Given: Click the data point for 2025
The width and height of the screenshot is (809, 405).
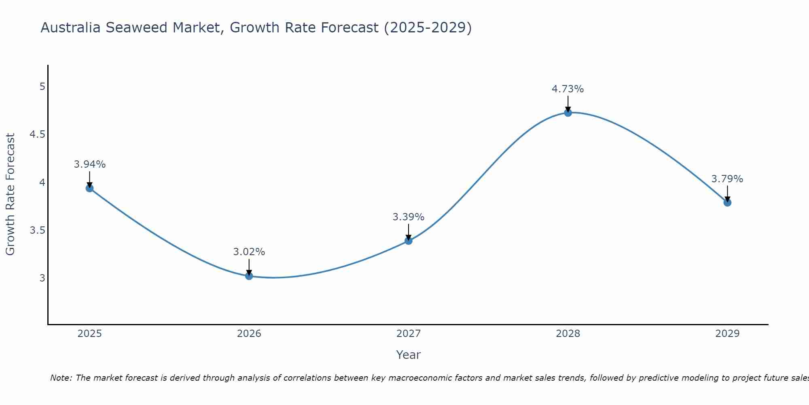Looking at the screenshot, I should (90, 188).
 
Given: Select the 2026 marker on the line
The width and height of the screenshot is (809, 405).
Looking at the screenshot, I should (249, 276).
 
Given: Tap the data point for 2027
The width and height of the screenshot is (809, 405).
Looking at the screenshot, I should (409, 241).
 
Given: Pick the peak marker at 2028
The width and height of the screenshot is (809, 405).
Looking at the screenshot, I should (568, 113).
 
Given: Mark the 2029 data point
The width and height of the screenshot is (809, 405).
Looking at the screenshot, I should (727, 202).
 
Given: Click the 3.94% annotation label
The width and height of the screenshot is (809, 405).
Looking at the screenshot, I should (90, 164).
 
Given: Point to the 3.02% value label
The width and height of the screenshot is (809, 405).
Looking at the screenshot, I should (249, 252).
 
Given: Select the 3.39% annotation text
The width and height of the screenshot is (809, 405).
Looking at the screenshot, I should (409, 217).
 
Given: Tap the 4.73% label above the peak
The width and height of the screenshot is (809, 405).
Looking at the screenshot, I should (568, 89).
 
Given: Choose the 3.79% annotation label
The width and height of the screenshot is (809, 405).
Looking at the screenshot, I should (727, 179).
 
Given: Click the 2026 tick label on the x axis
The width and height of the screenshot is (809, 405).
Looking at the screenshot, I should (249, 334).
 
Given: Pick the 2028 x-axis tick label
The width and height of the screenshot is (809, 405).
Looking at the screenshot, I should (568, 334).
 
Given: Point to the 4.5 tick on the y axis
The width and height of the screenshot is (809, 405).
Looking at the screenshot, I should (37, 134).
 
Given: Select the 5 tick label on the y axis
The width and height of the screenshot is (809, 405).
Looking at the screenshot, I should (42, 87).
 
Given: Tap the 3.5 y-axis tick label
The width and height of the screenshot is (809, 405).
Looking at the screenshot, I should (37, 230).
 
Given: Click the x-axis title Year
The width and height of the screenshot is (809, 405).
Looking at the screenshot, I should (409, 355).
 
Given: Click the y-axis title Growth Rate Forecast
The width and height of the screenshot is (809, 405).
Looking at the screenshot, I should (10, 194).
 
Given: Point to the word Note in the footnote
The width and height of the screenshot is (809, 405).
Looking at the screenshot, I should (61, 378).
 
